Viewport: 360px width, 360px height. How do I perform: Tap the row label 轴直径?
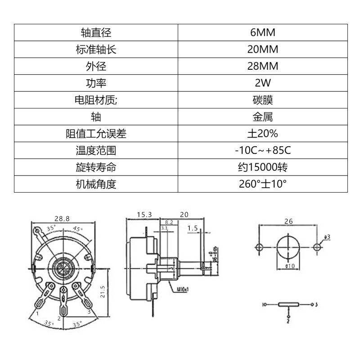[96, 32]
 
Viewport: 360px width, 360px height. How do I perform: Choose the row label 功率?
[96, 83]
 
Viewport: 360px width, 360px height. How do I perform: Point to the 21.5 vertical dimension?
[103, 292]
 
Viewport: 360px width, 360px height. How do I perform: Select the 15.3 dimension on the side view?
[144, 215]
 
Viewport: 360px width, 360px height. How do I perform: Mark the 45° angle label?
[77, 229]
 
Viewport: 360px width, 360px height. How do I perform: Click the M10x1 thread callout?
[183, 290]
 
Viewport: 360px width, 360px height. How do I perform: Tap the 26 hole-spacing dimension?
[288, 221]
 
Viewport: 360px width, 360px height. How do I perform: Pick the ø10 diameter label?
[289, 266]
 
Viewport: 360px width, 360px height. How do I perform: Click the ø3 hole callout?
[327, 237]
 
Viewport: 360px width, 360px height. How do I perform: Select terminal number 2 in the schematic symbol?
[288, 321]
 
